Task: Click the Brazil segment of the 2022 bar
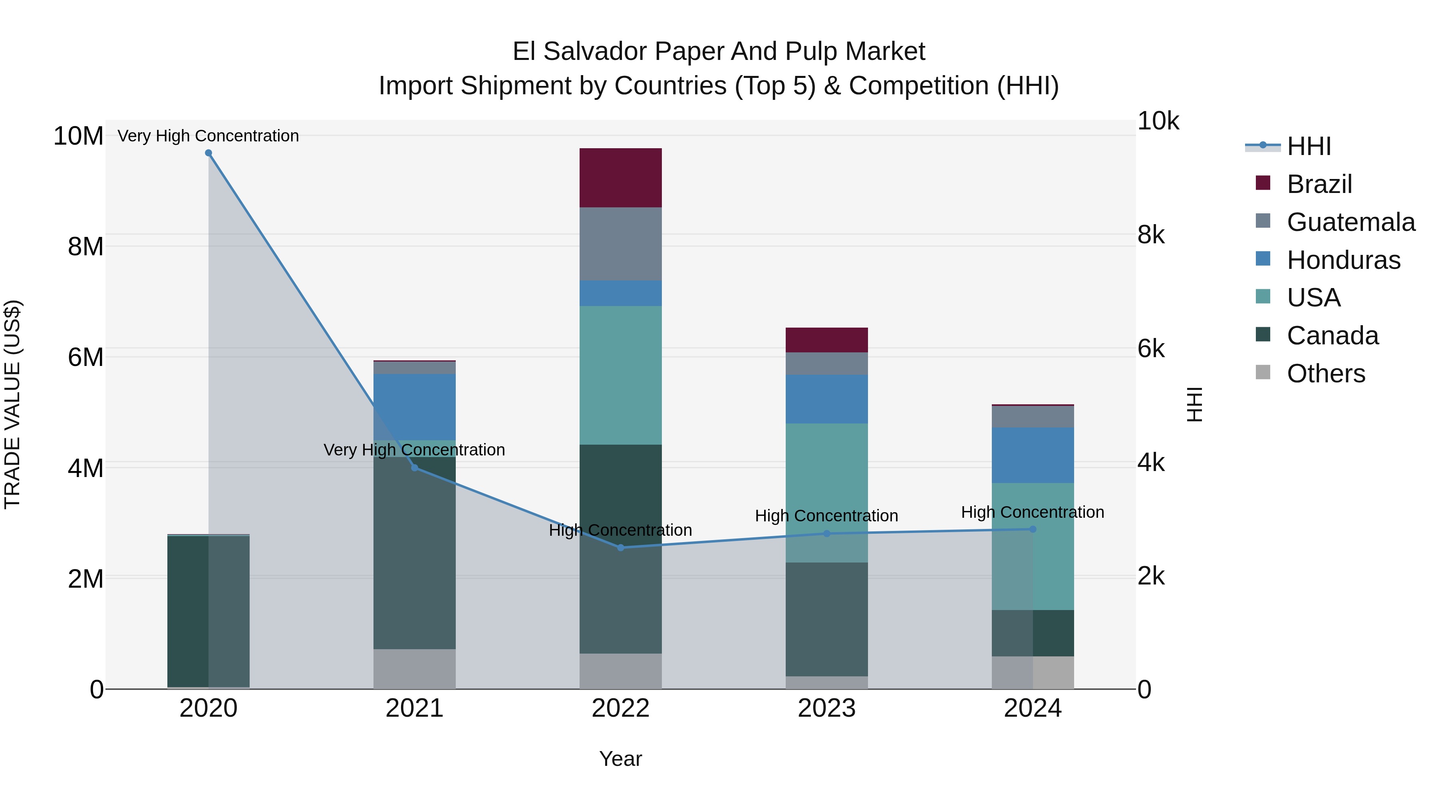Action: pyautogui.click(x=620, y=177)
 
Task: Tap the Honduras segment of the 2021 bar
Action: pyautogui.click(x=414, y=406)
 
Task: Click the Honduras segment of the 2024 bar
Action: pyautogui.click(x=1032, y=455)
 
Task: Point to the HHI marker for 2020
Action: pyautogui.click(x=208, y=153)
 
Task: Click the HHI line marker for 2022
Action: pyautogui.click(x=620, y=548)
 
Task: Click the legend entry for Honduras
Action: pyautogui.click(x=1343, y=260)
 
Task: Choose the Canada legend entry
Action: pyautogui.click(x=1332, y=336)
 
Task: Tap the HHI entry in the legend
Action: pyautogui.click(x=1309, y=146)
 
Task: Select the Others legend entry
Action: pyautogui.click(x=1325, y=374)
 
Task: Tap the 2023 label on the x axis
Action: pyautogui.click(x=826, y=708)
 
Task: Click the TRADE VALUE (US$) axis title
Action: pyautogui.click(x=12, y=404)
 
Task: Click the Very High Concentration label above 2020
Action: pyautogui.click(x=208, y=136)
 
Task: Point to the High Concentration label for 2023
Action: pyautogui.click(x=826, y=516)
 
